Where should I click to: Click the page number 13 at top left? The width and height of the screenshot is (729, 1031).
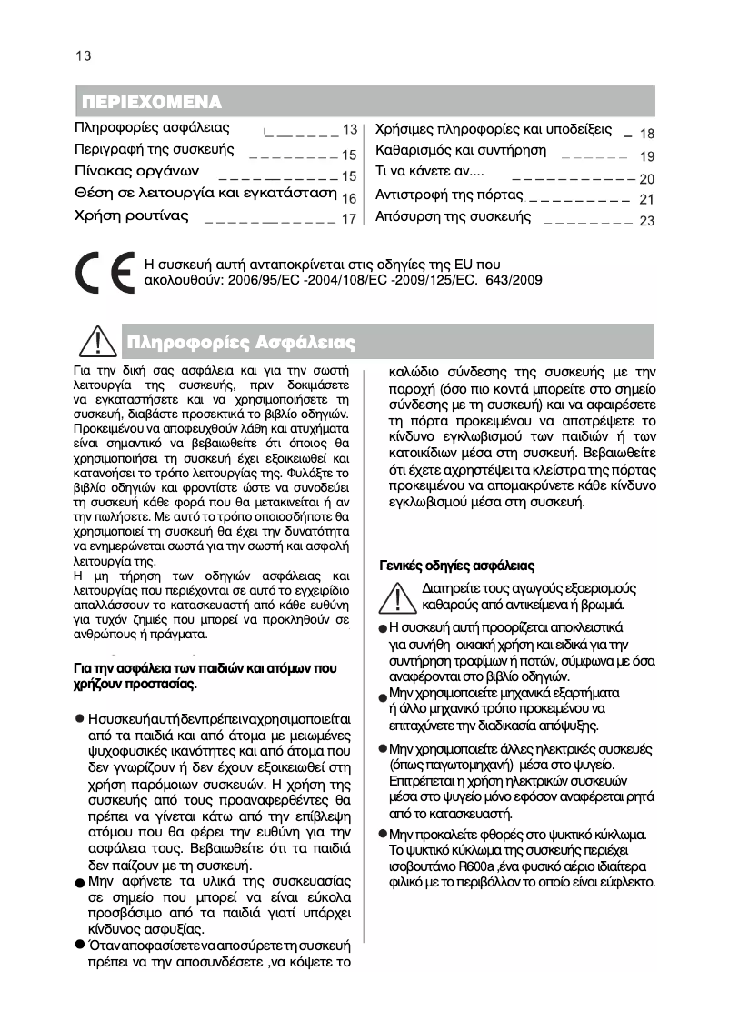click(x=83, y=55)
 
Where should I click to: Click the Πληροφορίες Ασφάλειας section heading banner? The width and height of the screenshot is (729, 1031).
click(x=241, y=343)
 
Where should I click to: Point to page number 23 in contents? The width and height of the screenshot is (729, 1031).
click(x=646, y=220)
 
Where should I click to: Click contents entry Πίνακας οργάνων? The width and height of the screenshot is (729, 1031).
click(x=136, y=171)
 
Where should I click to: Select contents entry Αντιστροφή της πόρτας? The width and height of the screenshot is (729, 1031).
click(x=449, y=195)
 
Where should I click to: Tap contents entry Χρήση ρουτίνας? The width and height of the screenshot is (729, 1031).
click(x=131, y=215)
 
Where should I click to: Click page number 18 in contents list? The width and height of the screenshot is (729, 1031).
click(x=646, y=134)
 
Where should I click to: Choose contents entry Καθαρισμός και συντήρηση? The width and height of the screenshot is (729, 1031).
click(x=461, y=150)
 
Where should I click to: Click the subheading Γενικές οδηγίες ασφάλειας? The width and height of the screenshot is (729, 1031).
click(x=456, y=566)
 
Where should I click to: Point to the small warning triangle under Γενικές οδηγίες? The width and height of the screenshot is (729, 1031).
click(x=399, y=596)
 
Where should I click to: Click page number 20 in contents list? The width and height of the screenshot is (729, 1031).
click(x=646, y=179)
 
